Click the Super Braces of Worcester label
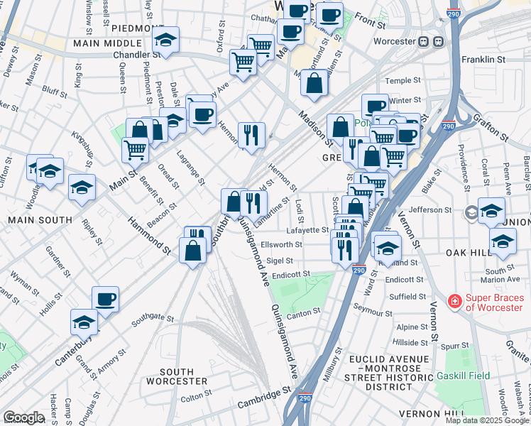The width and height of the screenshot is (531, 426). tap(491, 302)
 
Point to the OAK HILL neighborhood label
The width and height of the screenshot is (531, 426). tap(503, 253)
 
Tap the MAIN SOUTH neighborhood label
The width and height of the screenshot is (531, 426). tap(32, 220)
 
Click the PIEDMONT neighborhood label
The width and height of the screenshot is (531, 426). tap(138, 28)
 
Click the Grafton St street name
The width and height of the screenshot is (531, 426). tap(495, 126)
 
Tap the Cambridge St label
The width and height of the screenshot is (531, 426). tap(264, 397)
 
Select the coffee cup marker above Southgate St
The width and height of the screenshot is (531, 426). tap(105, 298)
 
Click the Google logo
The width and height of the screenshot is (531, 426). tap(23, 417)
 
